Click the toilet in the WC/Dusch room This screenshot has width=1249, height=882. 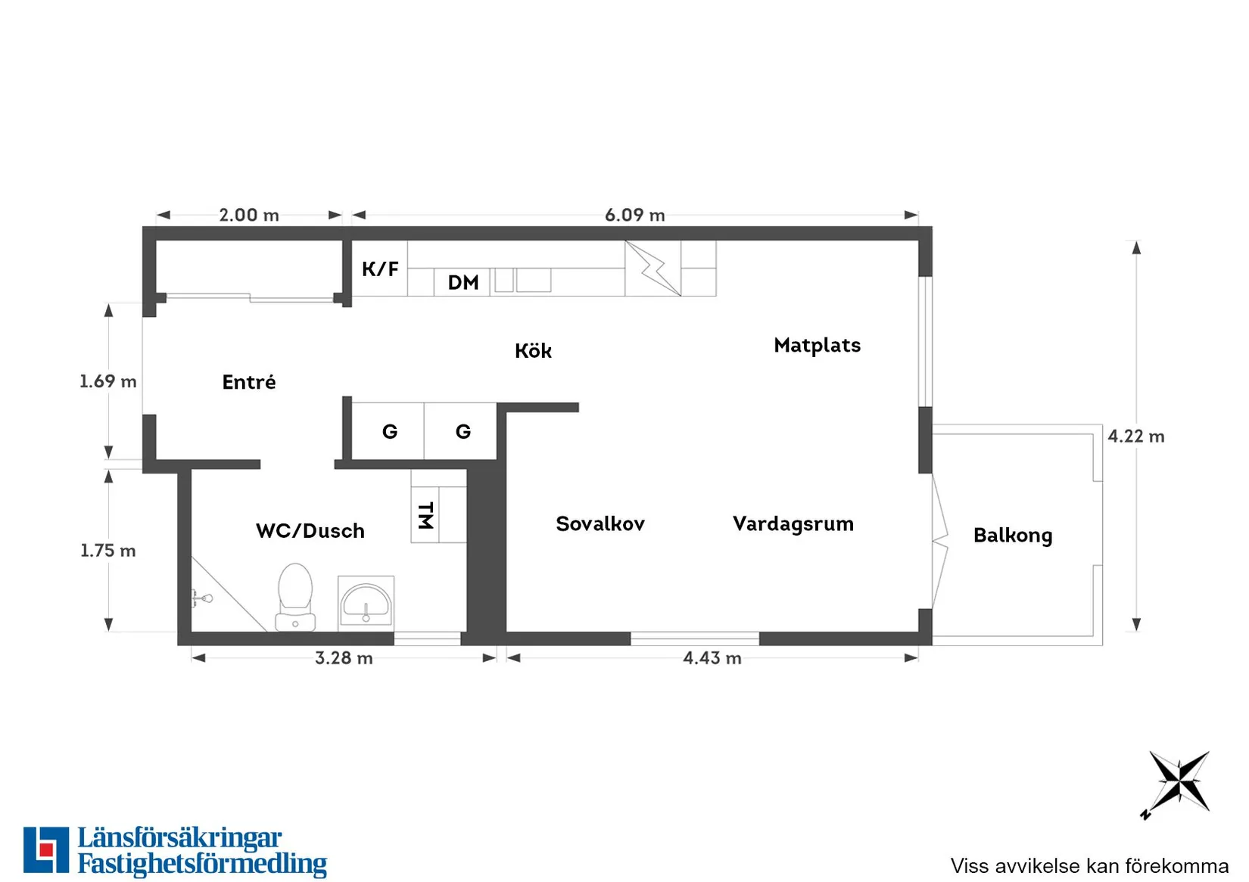click(295, 597)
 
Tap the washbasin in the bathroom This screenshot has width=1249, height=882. click(366, 603)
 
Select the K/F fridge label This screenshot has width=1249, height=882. click(380, 269)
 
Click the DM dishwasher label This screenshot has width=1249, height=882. click(463, 282)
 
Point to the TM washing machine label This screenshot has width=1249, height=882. click(425, 515)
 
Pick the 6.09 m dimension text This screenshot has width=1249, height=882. click(635, 215)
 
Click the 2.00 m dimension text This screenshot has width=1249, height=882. click(249, 215)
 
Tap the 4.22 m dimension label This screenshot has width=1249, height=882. click(1135, 436)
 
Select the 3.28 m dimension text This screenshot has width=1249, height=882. click(344, 658)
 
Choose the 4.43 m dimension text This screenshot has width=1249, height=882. click(712, 658)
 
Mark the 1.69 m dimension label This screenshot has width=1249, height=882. click(107, 381)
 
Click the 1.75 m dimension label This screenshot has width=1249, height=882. click(107, 551)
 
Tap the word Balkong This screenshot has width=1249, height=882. click(1013, 536)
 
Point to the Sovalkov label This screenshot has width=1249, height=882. click(600, 523)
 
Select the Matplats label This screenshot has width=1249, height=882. click(818, 346)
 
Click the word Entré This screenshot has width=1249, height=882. click(249, 382)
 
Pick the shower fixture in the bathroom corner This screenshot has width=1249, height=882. click(202, 598)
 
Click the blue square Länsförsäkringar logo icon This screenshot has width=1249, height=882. click(45, 849)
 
